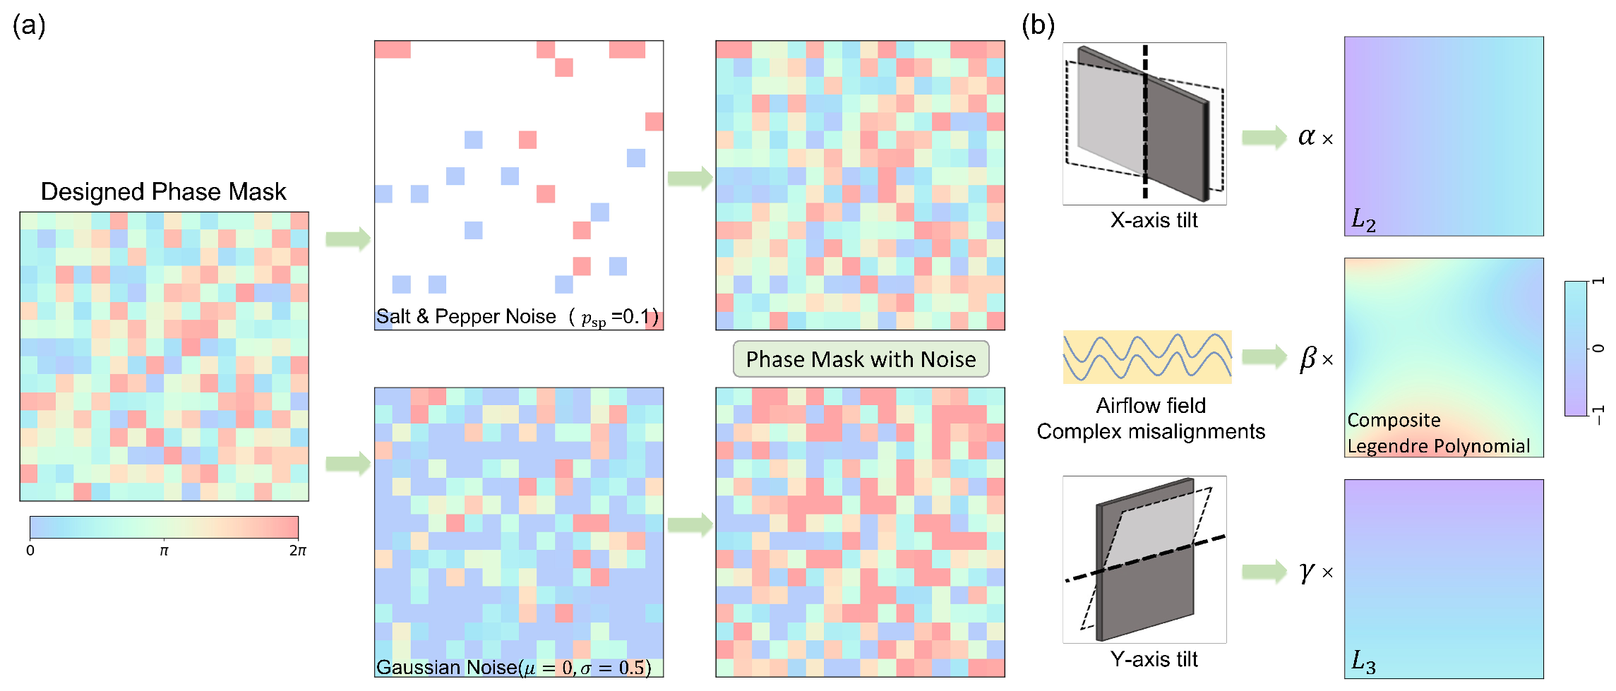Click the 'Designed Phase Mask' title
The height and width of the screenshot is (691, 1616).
pos(163,192)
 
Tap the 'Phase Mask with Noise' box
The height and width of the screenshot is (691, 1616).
pos(861,359)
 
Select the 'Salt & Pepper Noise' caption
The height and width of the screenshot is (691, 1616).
pos(466,316)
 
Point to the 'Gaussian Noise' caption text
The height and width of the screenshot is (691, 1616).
pos(446,667)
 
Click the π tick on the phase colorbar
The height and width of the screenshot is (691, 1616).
pos(164,551)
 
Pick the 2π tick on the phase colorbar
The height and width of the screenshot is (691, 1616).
pos(297,551)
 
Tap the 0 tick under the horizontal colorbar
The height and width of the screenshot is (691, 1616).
pos(30,551)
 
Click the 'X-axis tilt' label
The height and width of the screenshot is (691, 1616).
pos(1154,220)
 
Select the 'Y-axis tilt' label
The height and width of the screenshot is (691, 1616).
pos(1154,659)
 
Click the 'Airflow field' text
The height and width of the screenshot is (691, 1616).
pos(1151,406)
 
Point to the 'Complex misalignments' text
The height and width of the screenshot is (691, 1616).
pos(1151,431)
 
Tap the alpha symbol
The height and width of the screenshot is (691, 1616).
pos(1306,136)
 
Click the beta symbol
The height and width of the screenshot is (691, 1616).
pos(1307,358)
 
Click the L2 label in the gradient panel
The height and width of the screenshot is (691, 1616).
pos(1363,220)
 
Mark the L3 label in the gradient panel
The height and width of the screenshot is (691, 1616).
pos(1363,662)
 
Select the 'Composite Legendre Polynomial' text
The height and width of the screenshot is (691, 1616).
pos(1438,433)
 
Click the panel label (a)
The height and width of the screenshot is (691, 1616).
pos(29,25)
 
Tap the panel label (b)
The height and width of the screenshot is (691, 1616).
pos(1038,25)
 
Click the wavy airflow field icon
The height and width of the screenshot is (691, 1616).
pos(1147,357)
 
